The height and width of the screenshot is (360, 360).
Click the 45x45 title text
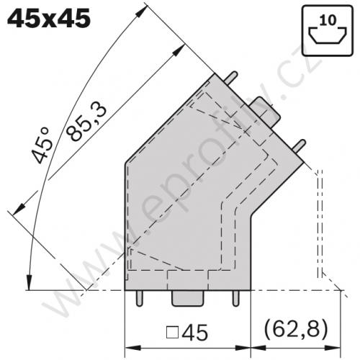(x=49, y=17)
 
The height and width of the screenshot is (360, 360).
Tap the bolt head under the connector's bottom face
(x=186, y=298)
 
